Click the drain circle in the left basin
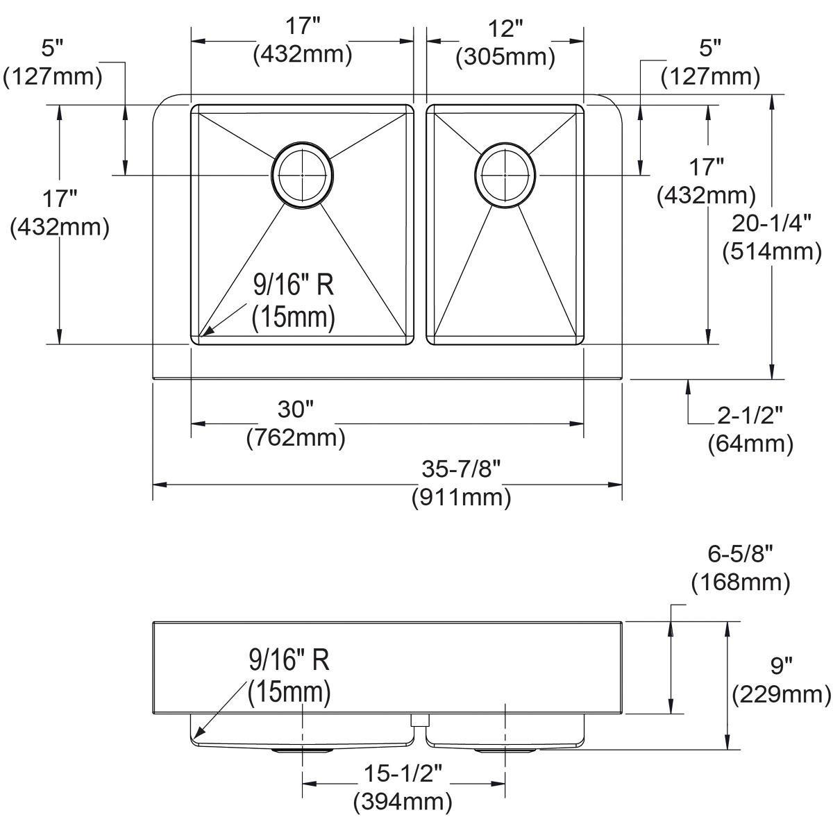(303, 176)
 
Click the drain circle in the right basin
(505, 176)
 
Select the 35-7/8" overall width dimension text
(461, 470)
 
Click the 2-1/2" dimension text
(750, 415)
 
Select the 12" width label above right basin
(505, 29)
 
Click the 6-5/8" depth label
(741, 554)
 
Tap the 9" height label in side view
(781, 666)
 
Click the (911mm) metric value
(461, 497)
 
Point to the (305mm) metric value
(505, 57)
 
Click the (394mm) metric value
(403, 802)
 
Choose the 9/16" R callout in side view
(289, 659)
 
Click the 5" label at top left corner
(52, 49)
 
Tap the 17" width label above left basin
(303, 28)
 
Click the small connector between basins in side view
(419, 721)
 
